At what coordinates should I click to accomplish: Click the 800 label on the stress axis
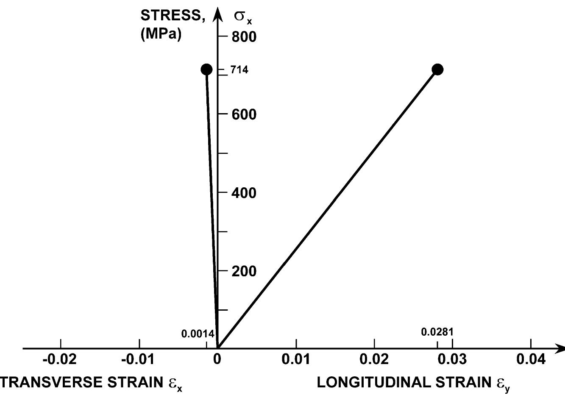point(244,37)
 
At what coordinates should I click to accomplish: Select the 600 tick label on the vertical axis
point(244,114)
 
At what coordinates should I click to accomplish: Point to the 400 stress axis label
point(244,193)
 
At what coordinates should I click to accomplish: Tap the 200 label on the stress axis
point(244,271)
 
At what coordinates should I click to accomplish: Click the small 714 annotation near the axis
point(239,70)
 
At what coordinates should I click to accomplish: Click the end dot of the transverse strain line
point(206,70)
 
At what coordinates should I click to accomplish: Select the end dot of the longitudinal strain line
point(437,70)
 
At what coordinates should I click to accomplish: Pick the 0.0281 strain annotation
point(437,332)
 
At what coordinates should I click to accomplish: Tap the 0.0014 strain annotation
point(198,334)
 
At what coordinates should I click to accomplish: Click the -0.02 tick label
point(60,360)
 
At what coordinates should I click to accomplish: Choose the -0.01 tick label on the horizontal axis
point(138,360)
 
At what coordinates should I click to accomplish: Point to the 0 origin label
point(217,360)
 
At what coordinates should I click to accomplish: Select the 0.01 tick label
point(296,360)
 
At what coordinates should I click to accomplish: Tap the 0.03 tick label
point(453,360)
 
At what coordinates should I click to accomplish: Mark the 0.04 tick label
point(531,360)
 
